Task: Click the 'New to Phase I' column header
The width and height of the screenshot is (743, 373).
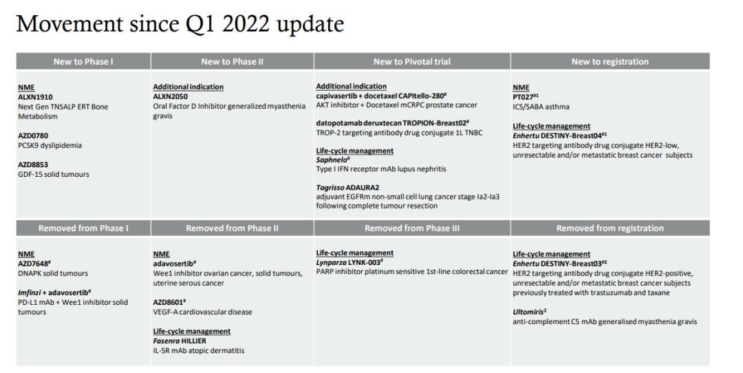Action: pos(83,62)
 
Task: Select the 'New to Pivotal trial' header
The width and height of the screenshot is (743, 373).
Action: pos(412,62)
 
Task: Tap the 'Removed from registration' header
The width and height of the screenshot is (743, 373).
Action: pos(610,228)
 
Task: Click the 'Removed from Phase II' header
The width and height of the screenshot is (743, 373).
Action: pos(233,228)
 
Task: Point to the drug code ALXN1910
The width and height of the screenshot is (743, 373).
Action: pos(32,97)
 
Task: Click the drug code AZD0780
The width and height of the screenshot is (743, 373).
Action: pos(33,136)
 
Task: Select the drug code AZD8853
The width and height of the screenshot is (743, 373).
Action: pos(33,164)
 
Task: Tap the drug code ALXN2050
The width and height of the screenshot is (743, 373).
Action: pos(170,96)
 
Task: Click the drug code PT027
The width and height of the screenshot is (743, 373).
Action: pos(523,97)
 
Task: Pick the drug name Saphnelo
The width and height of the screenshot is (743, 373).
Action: pos(331,160)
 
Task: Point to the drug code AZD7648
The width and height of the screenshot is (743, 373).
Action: pos(33,264)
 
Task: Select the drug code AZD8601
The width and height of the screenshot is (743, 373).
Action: pos(169,302)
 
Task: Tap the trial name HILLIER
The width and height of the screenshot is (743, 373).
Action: pos(194,341)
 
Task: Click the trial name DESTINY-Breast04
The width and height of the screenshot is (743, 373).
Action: pos(571,136)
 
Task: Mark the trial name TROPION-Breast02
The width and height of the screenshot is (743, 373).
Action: pos(434,123)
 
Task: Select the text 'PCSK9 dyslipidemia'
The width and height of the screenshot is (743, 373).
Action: pos(50,145)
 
